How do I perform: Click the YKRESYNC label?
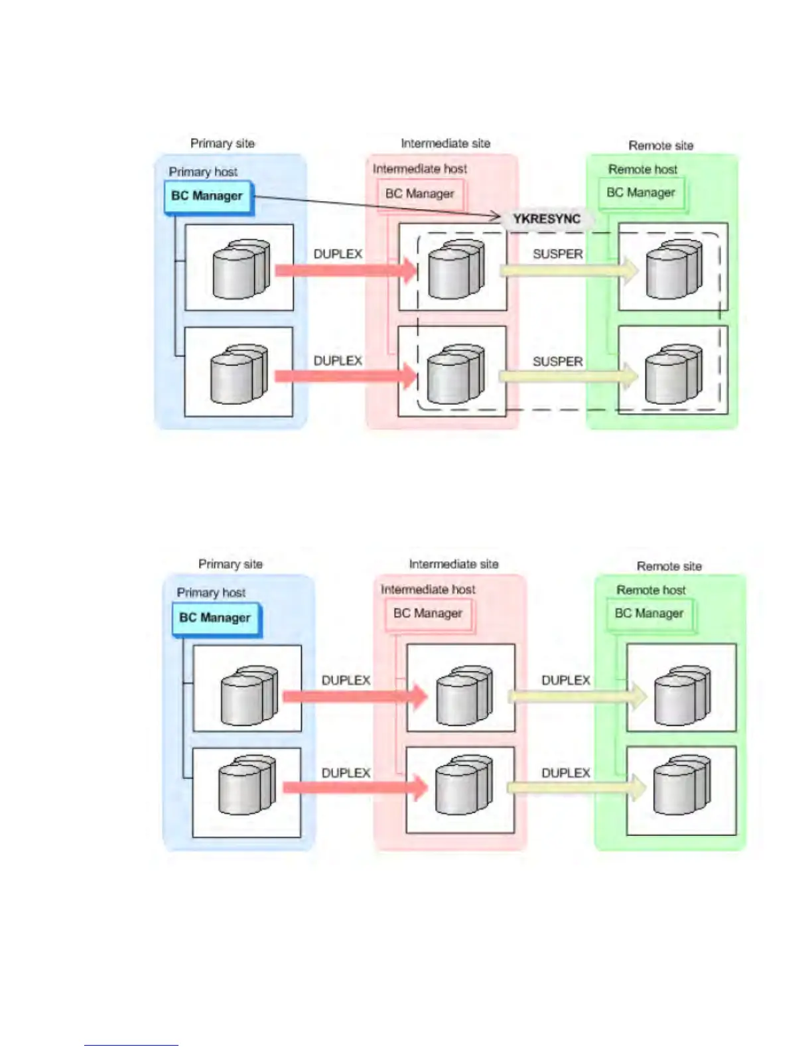tap(547, 219)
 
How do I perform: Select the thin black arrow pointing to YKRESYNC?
tap(377, 206)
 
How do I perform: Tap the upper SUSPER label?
tap(558, 254)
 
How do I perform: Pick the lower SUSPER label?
tap(558, 362)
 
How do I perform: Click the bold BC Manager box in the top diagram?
tap(208, 196)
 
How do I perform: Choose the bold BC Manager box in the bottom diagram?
tap(217, 618)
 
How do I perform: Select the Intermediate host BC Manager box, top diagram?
tap(421, 194)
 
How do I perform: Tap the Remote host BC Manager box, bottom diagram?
tap(650, 614)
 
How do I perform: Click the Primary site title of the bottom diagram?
tap(231, 564)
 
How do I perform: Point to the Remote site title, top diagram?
tap(661, 145)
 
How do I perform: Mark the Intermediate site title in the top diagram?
tap(445, 143)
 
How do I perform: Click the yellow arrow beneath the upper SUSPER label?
tap(569, 270)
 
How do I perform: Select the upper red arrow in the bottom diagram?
tap(356, 696)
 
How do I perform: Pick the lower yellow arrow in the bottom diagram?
tap(577, 788)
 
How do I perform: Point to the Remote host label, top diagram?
tap(643, 169)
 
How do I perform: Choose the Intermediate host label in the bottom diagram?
tap(428, 590)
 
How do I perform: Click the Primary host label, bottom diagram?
tap(212, 593)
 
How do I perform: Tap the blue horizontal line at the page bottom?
tap(131, 1045)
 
